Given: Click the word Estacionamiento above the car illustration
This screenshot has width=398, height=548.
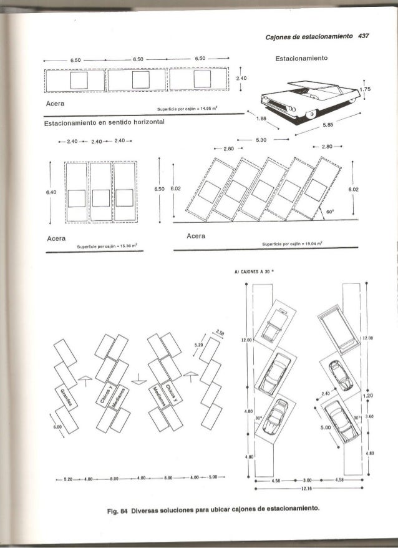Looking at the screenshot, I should tap(303, 61).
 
